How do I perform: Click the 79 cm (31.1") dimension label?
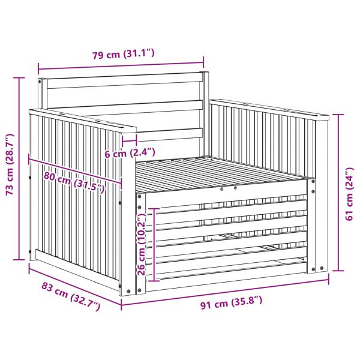pyautogui.click(x=123, y=54)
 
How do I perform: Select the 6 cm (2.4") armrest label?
pyautogui.click(x=130, y=152)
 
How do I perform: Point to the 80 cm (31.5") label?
pyautogui.click(x=74, y=182)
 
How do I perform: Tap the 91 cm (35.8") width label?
pyautogui.click(x=231, y=302)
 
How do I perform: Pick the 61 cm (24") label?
pyautogui.click(x=349, y=194)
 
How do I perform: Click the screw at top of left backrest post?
pyautogui.click(x=40, y=81)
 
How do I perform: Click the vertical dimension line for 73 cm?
pyautogui.click(x=19, y=169)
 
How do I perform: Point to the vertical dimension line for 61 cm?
pyautogui.click(x=338, y=193)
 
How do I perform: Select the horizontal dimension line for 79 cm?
pyautogui.click(x=121, y=65)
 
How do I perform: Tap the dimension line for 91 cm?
pyautogui.click(x=225, y=291)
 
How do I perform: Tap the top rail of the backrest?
pyautogui.click(x=125, y=81)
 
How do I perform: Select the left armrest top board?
pyautogui.click(x=83, y=121)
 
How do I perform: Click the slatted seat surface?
pyautogui.click(x=220, y=173)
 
